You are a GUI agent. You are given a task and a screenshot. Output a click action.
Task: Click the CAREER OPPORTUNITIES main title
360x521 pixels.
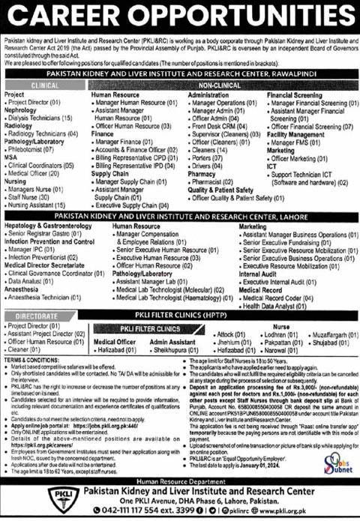click(x=180, y=15)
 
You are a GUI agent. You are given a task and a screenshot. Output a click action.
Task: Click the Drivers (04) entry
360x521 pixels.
click(x=210, y=166)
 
